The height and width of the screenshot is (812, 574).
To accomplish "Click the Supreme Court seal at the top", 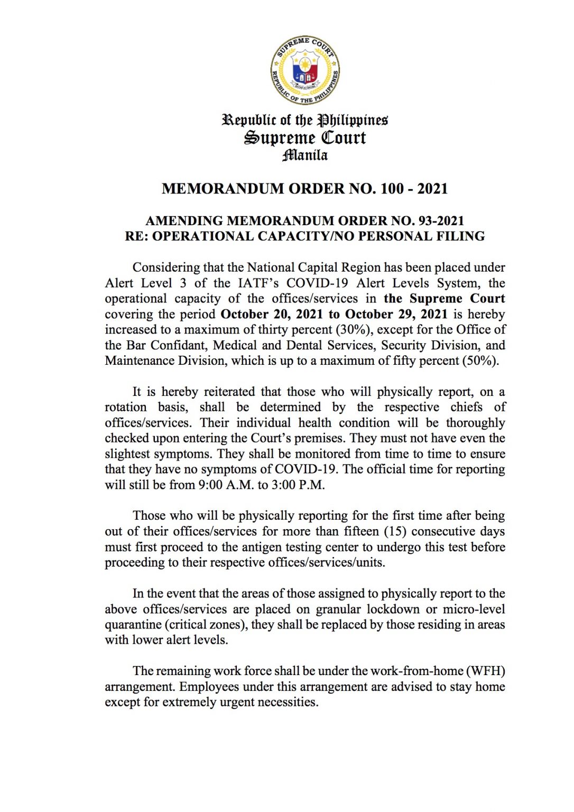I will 305,70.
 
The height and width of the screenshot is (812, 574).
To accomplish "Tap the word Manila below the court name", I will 305,155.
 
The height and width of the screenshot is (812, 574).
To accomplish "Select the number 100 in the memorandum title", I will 392,189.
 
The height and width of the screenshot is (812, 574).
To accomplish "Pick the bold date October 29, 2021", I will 396,315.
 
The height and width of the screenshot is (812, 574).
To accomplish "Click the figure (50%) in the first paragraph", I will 480,361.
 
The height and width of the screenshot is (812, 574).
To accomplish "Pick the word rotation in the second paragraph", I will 126,408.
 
